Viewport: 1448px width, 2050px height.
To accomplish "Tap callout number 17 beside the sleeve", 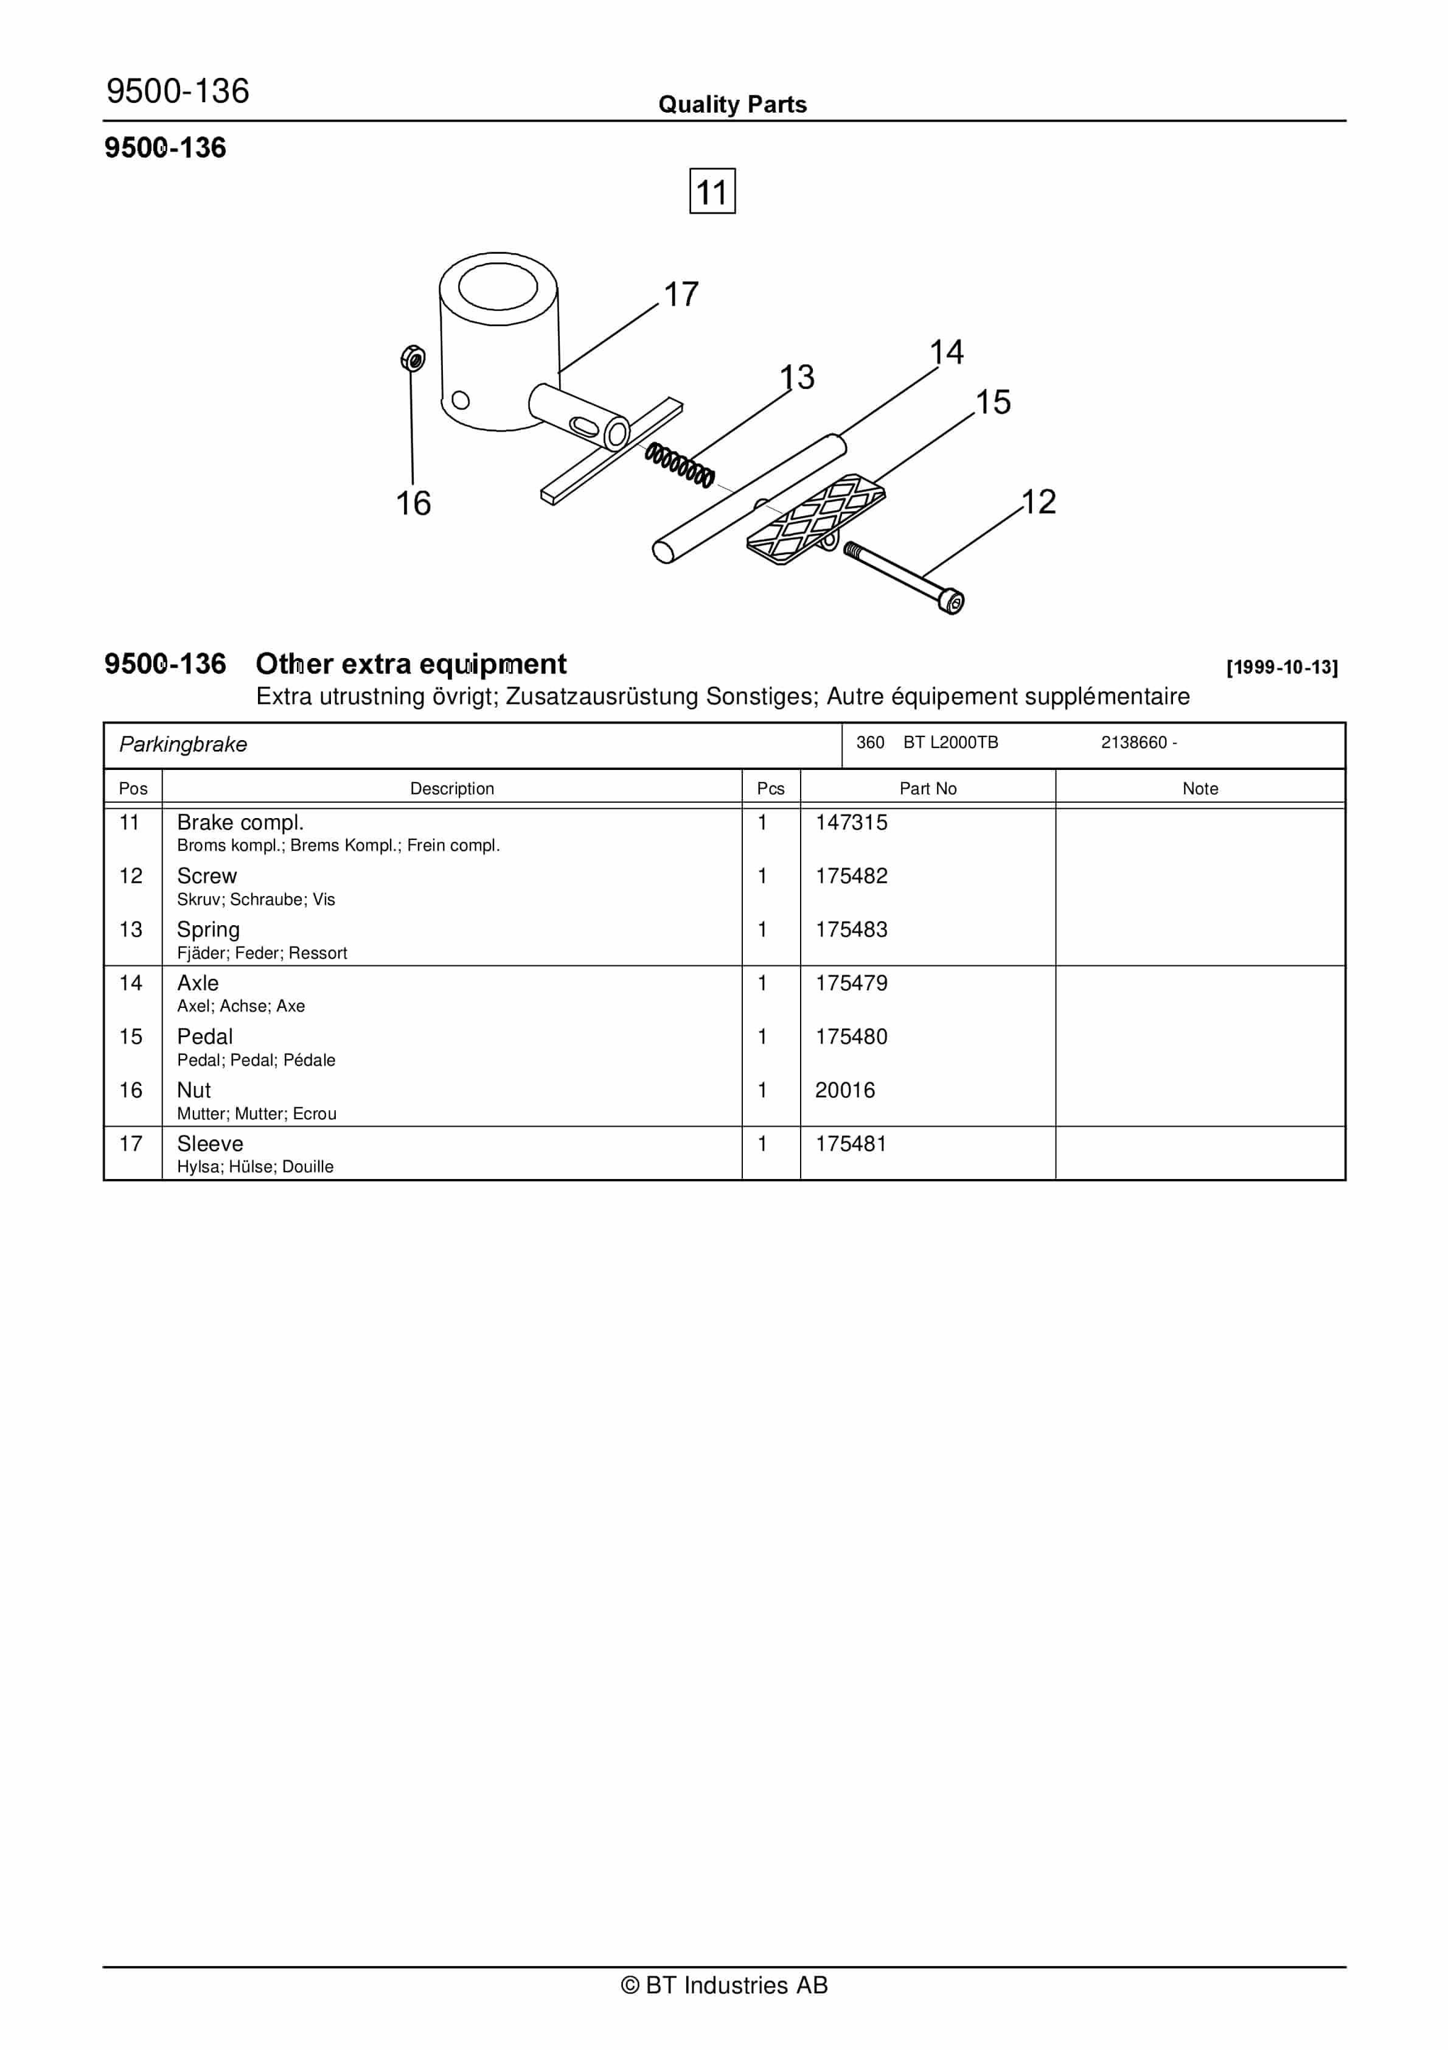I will coord(681,295).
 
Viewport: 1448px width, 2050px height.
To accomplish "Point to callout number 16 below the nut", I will coord(413,503).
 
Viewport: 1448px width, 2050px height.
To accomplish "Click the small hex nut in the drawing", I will coord(412,359).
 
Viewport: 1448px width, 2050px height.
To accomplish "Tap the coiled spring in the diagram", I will coord(680,464).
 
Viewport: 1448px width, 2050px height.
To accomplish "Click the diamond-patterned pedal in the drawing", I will coord(814,520).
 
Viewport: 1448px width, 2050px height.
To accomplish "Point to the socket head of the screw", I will coord(952,603).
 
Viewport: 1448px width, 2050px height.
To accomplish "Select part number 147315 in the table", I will coord(851,822).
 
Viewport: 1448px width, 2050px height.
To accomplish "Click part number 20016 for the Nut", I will coord(844,1090).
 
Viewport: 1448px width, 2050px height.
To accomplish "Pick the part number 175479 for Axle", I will coord(851,983).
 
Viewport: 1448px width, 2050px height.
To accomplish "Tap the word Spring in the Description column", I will coord(208,929).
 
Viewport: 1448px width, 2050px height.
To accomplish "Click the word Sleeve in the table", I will coord(210,1144).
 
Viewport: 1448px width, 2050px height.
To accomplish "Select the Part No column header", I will coord(928,788).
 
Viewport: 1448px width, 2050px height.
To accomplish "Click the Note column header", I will coord(1200,788).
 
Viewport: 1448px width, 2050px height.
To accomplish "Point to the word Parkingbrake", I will coord(183,744).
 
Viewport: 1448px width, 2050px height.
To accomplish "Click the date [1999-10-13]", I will coord(1282,667).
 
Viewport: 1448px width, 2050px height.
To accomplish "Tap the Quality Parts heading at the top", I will coord(732,105).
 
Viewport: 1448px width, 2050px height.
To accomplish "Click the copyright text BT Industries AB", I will coord(724,1985).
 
